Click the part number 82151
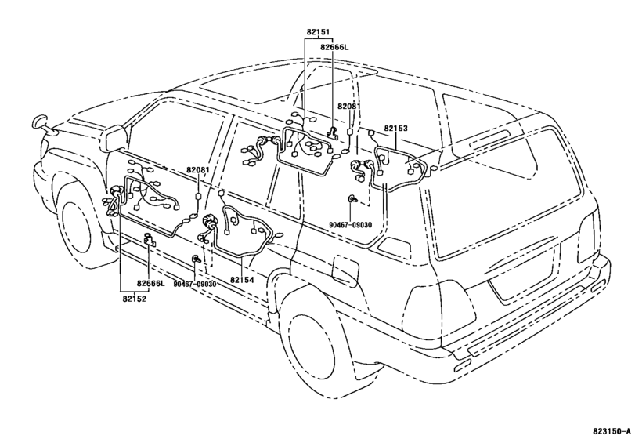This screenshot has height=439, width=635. pos(318,32)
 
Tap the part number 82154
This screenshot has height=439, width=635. pos(242,280)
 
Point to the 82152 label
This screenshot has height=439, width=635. pos(133,298)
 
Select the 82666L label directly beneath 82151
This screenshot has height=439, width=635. pos(334,47)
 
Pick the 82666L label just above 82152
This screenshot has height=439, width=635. pos(150,283)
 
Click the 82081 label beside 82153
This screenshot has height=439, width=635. pos(349,106)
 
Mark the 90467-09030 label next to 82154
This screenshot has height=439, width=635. pos(194,283)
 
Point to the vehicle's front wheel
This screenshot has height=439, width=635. pos(81,226)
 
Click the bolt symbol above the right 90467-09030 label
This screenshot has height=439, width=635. pos(355,200)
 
